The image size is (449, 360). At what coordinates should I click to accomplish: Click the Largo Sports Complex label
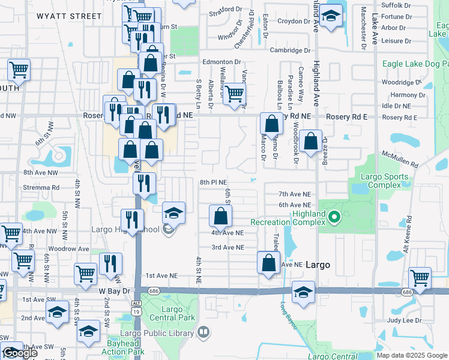pos(384,181)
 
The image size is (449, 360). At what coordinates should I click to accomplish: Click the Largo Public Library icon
pos(204,332)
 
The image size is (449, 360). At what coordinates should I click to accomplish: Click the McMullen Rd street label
pos(401,160)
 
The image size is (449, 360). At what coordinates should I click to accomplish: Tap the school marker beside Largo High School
pos(173,214)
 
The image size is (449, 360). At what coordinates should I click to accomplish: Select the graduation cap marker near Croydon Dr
pos(330,17)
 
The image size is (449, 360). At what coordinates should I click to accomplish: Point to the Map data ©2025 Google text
pos(411,355)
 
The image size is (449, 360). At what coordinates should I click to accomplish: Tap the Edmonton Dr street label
pos(221,62)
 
